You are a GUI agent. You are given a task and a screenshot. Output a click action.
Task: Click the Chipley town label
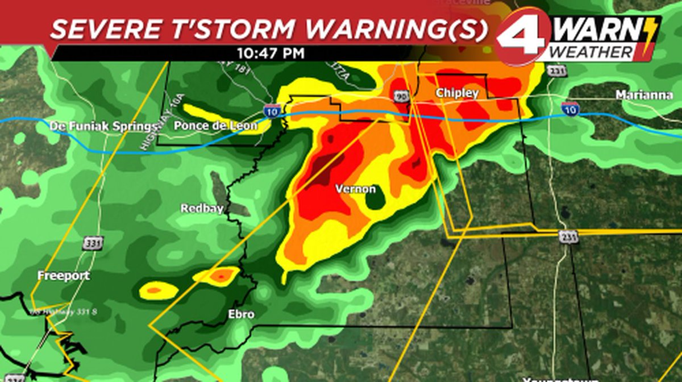[458, 93]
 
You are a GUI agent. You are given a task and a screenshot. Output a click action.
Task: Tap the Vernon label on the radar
[355, 189]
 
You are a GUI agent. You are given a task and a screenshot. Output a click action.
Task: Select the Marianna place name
[644, 95]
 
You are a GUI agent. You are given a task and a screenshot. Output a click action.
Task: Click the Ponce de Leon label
[215, 126]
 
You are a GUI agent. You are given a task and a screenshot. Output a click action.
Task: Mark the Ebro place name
[241, 314]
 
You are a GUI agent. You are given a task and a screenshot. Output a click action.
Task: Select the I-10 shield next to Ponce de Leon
[271, 111]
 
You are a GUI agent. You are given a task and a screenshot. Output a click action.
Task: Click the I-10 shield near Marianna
[571, 107]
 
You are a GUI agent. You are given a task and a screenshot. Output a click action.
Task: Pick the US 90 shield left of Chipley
[401, 97]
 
